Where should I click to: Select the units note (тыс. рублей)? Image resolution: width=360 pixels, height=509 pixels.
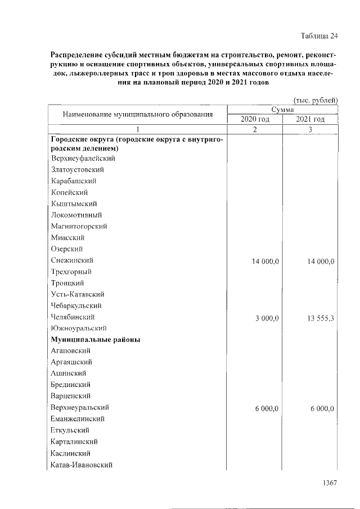click(312, 100)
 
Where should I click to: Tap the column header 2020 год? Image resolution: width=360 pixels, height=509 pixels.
click(255, 119)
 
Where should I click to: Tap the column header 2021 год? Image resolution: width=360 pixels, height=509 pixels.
click(310, 119)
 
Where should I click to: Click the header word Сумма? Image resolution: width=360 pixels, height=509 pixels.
click(282, 110)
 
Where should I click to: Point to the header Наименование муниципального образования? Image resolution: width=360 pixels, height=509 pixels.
click(137, 114)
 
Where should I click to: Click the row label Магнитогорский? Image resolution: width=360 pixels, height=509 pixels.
click(79, 226)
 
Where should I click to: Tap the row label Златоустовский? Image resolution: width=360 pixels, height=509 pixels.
click(77, 169)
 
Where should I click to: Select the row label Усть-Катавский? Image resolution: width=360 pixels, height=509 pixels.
click(77, 294)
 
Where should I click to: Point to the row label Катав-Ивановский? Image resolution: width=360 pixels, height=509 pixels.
click(82, 465)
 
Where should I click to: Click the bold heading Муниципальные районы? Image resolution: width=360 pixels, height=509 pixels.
click(95, 340)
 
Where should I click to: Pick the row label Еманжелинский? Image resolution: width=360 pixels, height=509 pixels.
click(78, 419)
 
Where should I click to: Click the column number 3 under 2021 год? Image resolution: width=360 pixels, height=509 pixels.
click(310, 129)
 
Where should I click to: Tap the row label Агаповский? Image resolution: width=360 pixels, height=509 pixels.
click(71, 351)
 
